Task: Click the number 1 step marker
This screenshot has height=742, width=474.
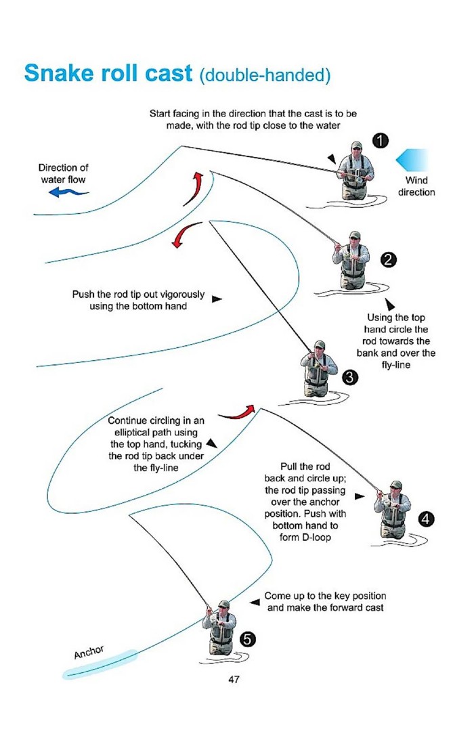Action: (x=381, y=140)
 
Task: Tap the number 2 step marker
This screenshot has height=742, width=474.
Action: (x=387, y=260)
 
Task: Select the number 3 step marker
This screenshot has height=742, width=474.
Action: (x=349, y=378)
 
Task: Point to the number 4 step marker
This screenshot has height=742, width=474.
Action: (x=426, y=519)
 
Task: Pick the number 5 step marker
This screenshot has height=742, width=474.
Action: (x=248, y=638)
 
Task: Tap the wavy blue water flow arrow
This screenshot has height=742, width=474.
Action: (x=68, y=193)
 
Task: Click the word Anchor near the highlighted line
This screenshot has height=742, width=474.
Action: (x=89, y=652)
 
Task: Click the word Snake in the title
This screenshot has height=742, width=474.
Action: (x=62, y=72)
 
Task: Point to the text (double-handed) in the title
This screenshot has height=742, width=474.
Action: (x=265, y=74)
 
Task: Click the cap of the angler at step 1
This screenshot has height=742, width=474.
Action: (x=356, y=145)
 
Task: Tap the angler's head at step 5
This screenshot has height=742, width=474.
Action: (x=223, y=607)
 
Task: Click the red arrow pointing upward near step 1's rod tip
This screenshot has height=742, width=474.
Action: (x=196, y=186)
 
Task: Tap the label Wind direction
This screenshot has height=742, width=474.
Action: (x=416, y=186)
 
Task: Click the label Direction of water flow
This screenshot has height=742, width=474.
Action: (x=63, y=173)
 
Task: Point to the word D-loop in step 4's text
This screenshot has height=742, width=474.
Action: (x=306, y=537)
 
